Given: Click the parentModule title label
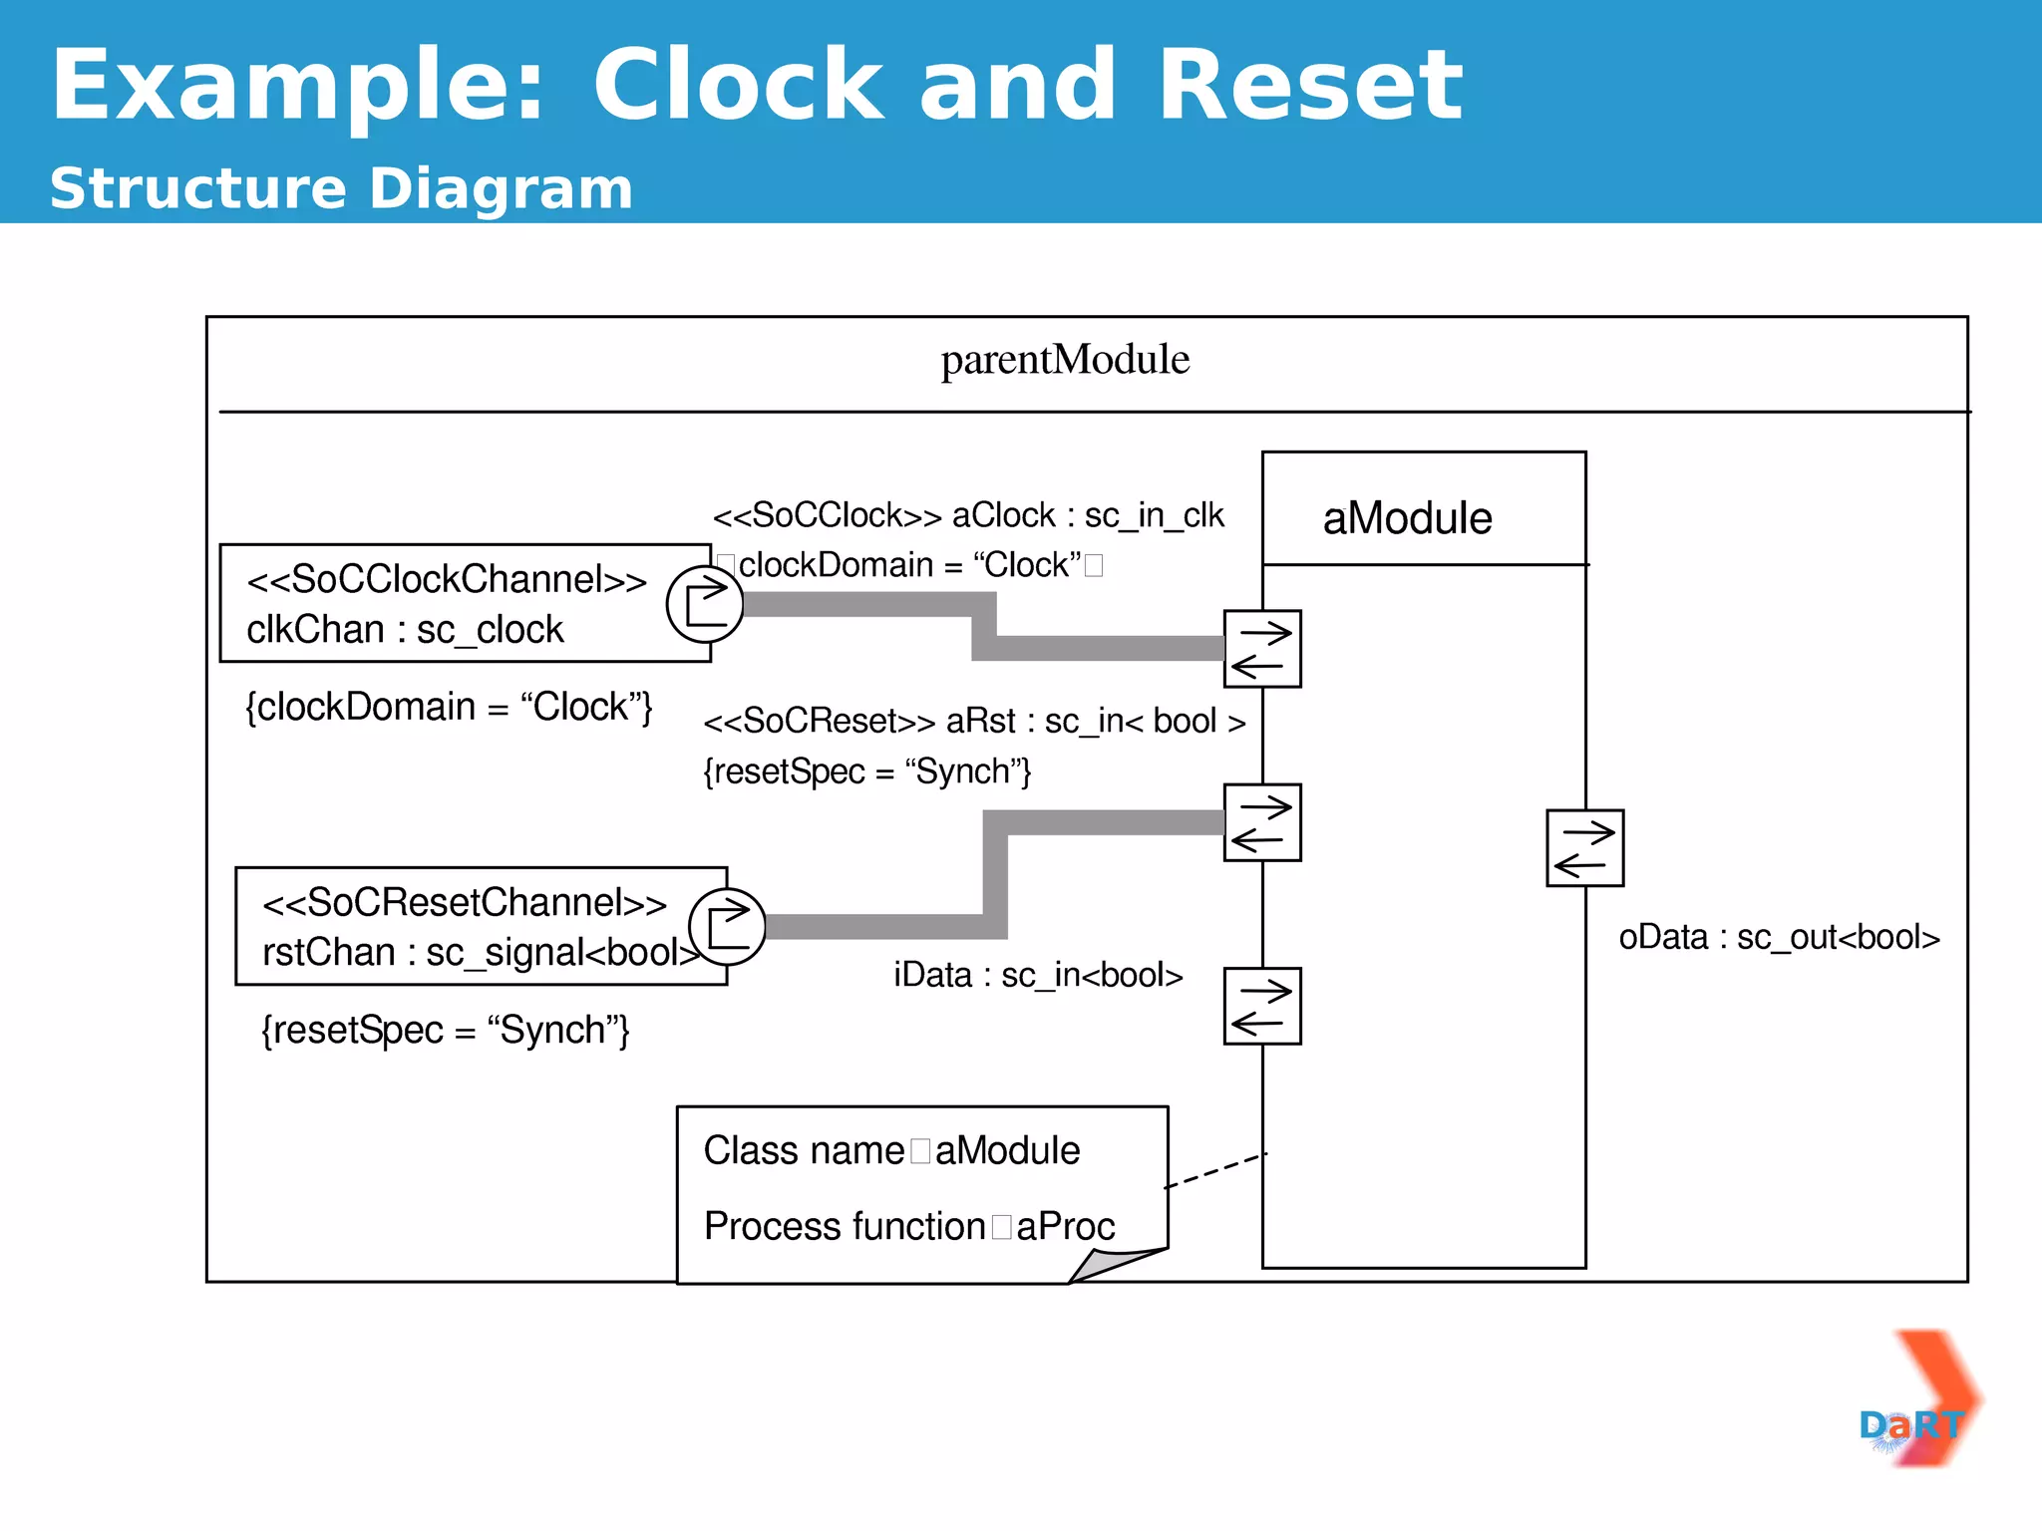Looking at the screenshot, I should click(x=1065, y=360).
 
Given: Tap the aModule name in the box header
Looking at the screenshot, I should click(x=1407, y=518).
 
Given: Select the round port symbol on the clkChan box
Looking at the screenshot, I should click(x=705, y=604).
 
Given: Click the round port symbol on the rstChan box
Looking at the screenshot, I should click(x=728, y=927).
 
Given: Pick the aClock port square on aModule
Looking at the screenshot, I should click(x=1262, y=649).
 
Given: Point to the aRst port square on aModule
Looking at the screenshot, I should click(x=1262, y=822).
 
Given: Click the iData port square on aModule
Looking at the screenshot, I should click(x=1262, y=1006).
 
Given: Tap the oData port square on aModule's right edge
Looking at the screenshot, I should click(x=1584, y=848).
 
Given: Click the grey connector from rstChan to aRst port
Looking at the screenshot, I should click(x=995, y=877).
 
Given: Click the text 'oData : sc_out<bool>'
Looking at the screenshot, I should click(x=1779, y=938).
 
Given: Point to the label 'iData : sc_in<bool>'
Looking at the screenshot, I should click(x=1038, y=975).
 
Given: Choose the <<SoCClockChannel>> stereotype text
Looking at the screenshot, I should click(x=447, y=579).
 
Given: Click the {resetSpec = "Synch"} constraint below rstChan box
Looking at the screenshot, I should click(x=446, y=1031).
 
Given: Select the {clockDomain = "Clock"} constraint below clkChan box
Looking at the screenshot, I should click(x=449, y=707).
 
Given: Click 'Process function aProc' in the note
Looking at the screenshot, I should click(x=909, y=1226).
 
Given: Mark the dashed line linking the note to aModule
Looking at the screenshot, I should click(x=1215, y=1170).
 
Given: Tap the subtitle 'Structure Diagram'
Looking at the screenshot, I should click(x=341, y=188).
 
